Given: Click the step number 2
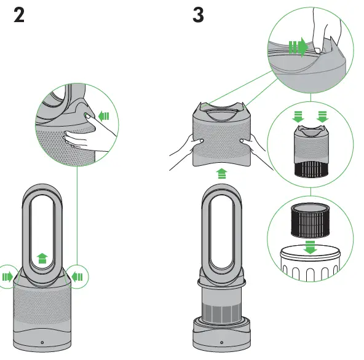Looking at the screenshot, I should pyautogui.click(x=19, y=15).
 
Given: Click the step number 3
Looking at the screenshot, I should pyautogui.click(x=198, y=15).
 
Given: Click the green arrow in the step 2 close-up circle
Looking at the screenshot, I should pyautogui.click(x=103, y=115).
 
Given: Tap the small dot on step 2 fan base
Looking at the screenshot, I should pyautogui.click(x=42, y=342).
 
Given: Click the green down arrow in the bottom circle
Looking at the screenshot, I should pyautogui.click(x=311, y=247).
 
